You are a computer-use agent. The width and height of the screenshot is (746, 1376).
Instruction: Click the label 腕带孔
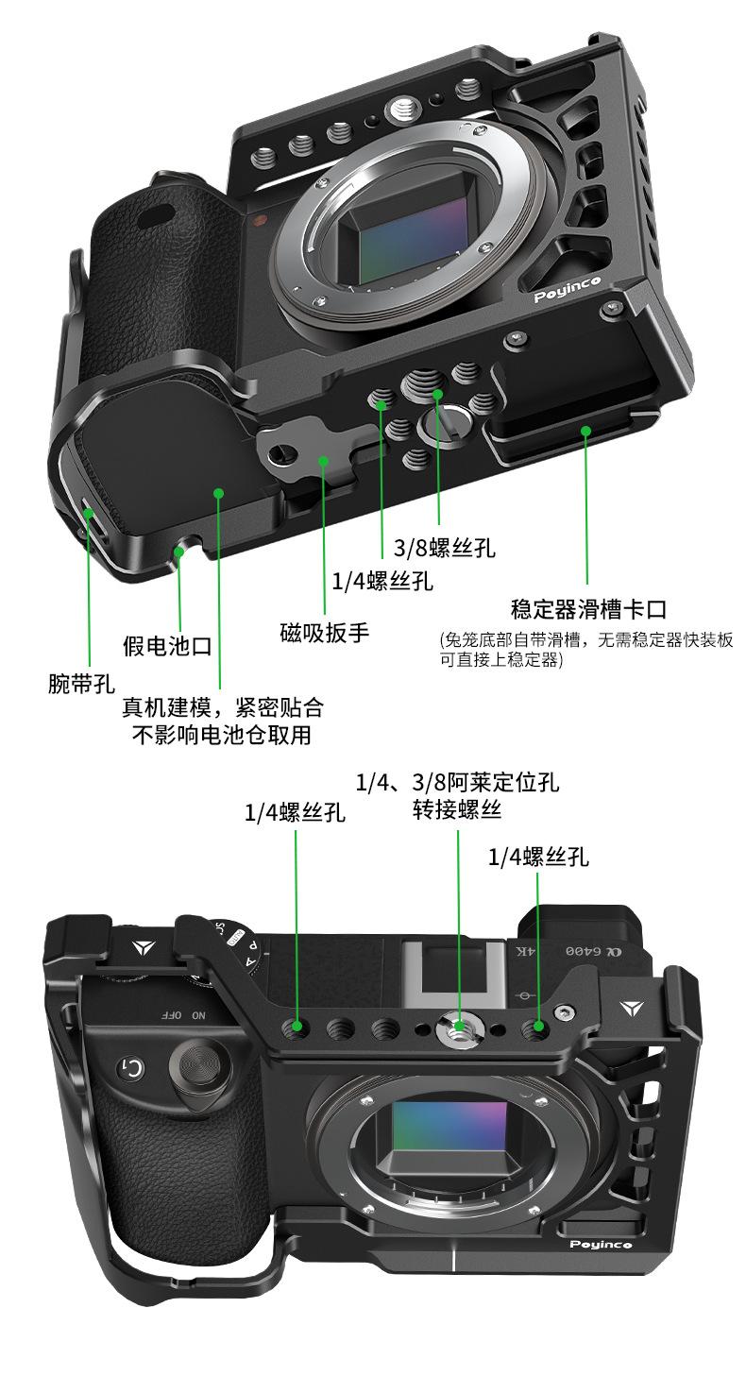pos(81,683)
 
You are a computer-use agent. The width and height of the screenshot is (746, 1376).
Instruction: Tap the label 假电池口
pos(167,646)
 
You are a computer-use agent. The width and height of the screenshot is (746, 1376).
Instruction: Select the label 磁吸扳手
pos(324,632)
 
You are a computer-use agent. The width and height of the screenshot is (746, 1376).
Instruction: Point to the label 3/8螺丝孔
pos(444,548)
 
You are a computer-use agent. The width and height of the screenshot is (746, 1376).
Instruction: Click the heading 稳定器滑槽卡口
pos(589,609)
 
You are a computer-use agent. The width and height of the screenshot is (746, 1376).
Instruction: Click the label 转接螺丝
pos(457,809)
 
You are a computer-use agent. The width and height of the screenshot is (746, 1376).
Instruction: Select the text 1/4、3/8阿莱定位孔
pos(457,782)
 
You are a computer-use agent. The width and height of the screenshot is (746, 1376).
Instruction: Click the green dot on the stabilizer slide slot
pos(585,431)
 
